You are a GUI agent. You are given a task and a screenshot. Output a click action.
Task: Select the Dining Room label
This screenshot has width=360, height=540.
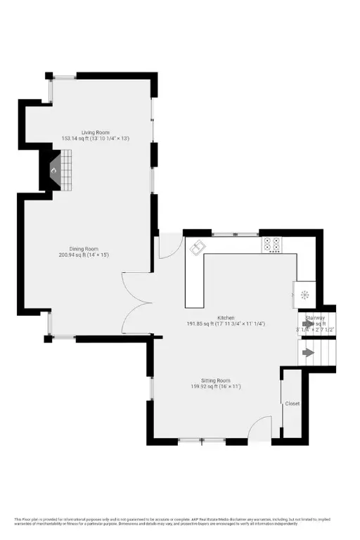89,247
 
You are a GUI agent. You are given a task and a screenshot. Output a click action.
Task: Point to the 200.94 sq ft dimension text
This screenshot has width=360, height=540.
89,255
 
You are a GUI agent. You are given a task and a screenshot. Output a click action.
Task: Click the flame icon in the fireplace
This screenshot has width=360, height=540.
53,169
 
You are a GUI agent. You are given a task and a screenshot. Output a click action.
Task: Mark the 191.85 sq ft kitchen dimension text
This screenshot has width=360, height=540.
226,324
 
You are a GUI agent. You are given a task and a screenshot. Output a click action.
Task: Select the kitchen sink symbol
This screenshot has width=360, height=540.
197,247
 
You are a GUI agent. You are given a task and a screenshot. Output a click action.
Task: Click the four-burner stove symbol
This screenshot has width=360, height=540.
272,244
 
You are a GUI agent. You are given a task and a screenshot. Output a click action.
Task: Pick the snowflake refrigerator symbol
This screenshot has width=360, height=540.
304,295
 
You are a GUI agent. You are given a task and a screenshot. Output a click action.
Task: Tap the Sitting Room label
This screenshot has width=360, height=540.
216,380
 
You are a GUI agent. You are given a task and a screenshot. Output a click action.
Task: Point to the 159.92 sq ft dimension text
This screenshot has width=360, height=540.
216,386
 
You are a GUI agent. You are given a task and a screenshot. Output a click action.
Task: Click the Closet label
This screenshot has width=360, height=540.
292,404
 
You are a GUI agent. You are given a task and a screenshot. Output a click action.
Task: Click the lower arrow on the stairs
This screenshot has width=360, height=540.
308,351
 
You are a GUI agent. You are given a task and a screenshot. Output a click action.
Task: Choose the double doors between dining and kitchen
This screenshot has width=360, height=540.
136,303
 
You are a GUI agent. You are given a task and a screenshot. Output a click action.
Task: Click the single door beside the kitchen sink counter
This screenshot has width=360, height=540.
168,247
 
